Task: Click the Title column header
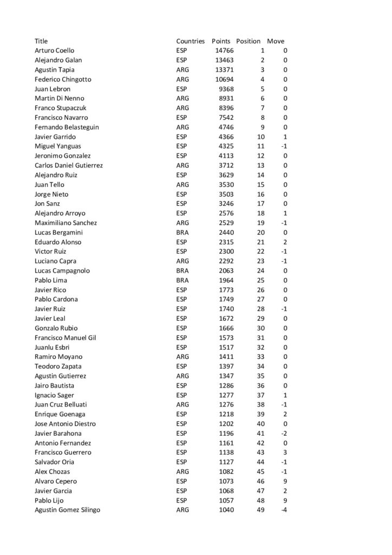coord(41,41)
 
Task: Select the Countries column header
coord(190,41)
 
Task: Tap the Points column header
coord(221,41)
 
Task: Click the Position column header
coord(249,41)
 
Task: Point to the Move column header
coord(276,41)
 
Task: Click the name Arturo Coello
coord(55,50)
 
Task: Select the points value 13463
coord(225,60)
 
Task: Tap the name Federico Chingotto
coord(63,79)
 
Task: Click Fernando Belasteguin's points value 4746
coord(226,127)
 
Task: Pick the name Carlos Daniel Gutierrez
coord(69,165)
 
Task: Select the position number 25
coord(261,280)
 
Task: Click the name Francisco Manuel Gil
coord(65,337)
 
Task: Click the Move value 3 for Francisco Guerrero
coord(285,452)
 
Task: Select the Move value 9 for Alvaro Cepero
coord(285,481)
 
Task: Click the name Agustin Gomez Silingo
coord(67,509)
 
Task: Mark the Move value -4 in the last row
coord(283,509)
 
